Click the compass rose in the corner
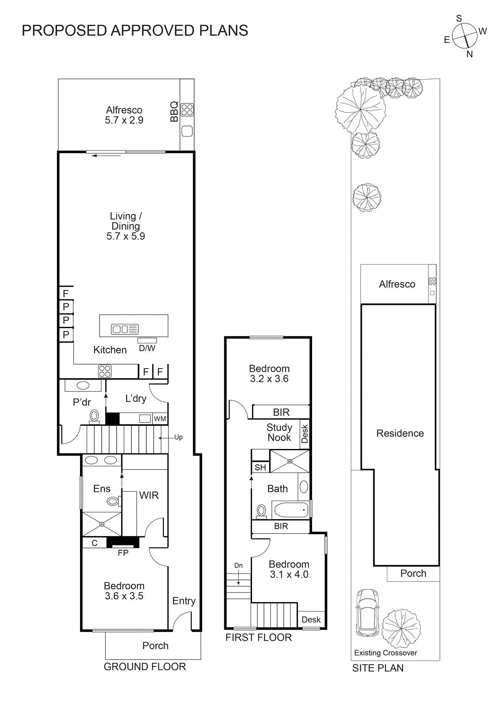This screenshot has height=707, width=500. point(465,36)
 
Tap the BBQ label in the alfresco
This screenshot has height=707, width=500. point(174,111)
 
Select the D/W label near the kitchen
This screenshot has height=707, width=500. point(147,348)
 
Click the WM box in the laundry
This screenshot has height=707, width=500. point(160,419)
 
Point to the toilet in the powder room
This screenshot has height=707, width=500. point(94,416)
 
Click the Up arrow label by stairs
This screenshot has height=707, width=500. point(178,437)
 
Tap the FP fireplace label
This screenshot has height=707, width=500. point(123,553)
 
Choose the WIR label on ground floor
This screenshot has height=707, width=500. point(149,495)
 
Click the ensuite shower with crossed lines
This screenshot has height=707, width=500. point(102,524)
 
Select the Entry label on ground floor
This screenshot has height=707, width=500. point(184,601)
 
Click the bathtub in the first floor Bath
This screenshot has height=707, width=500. point(290,510)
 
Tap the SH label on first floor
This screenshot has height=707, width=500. point(260,468)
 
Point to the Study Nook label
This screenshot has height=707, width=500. point(279,433)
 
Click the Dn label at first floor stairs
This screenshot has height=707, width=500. point(238,566)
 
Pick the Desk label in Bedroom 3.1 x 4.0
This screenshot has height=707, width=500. point(311,620)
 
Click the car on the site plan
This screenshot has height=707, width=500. point(367,612)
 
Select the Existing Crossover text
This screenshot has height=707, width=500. point(385,653)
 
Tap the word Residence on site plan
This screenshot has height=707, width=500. point(400,433)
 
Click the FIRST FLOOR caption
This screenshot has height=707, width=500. point(259,638)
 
